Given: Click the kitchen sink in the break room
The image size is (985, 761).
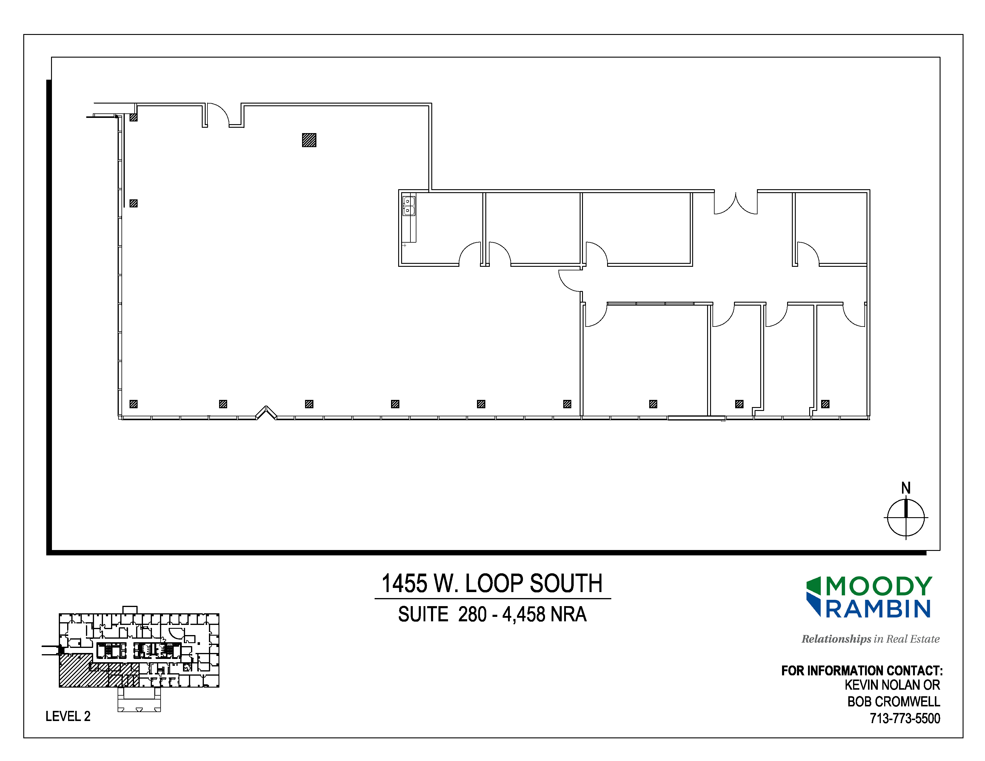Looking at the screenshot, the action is pos(408,206).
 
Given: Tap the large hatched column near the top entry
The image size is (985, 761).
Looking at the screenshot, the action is pos(309,140).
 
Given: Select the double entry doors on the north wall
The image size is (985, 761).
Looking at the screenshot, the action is pos(735,202).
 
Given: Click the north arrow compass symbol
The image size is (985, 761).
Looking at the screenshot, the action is pos(906,518).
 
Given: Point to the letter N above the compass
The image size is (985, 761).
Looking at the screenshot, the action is pos(906,488).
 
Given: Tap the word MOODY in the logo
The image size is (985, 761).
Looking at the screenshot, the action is pos(878,586).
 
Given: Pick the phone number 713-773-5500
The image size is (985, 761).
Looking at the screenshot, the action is pos(905,718).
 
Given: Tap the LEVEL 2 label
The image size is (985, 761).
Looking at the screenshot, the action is pos(68,716).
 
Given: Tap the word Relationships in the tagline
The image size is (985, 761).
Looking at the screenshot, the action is pos(836,639).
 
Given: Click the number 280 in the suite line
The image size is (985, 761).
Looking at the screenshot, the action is pos(472,614).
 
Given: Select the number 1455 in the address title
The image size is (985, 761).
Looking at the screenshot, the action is pos(404,583).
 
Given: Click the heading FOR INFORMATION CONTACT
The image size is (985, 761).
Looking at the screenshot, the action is pos(862,671).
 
